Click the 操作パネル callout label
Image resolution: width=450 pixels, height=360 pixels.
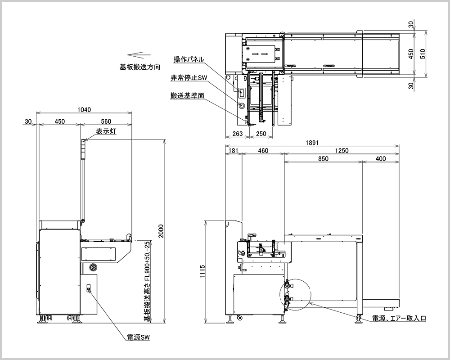click(189, 59)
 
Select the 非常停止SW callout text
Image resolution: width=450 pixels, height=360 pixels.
click(189, 77)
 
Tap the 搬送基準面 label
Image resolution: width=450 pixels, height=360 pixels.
click(187, 95)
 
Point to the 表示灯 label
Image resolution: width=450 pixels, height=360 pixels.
click(106, 131)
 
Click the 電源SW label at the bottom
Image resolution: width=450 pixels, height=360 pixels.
click(138, 337)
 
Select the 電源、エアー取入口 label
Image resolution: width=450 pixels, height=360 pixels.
click(399, 318)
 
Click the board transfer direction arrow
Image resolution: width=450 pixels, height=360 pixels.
click(139, 54)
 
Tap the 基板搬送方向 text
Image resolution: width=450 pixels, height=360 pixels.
click(140, 67)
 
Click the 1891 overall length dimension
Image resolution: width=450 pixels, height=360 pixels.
click(312, 143)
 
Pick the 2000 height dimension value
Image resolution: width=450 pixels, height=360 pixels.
click(161, 231)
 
